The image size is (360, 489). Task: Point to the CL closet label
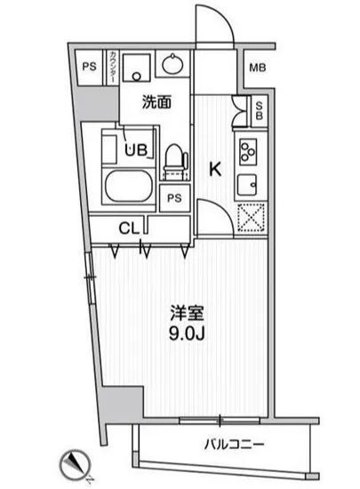(129, 228)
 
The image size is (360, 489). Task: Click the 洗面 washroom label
(156, 102)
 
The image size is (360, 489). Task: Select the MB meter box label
(257, 67)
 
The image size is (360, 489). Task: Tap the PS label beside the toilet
(174, 198)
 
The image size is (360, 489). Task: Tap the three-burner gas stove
(248, 151)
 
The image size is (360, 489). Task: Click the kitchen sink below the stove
(248, 184)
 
